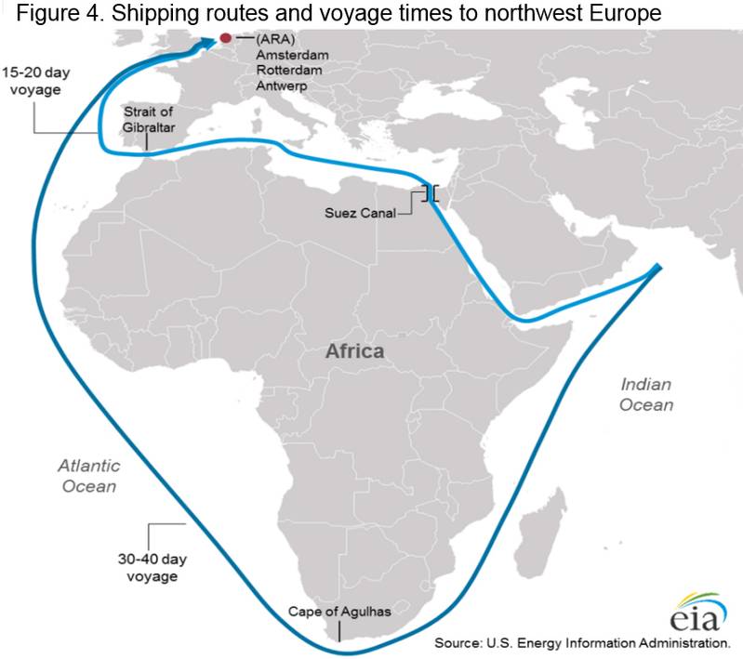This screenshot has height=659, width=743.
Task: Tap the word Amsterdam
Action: tap(289, 55)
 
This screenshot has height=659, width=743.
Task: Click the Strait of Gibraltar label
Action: tap(149, 120)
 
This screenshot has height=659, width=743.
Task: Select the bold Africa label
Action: tap(353, 352)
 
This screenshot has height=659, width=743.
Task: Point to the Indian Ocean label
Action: tap(646, 394)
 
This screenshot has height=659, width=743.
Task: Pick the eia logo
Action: tap(691, 614)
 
